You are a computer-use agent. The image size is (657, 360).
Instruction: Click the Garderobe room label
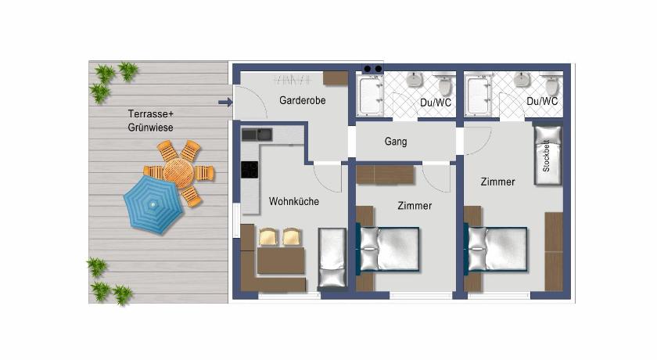coord(302,101)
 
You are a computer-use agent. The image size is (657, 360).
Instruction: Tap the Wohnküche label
coord(294,202)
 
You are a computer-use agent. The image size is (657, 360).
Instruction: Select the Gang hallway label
coord(396,142)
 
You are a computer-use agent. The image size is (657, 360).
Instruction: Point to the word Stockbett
coord(546,156)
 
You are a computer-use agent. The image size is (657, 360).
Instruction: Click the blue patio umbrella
coord(153,204)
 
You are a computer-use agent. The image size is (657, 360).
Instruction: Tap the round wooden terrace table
coord(178,173)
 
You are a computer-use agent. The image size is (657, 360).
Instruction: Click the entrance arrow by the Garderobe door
coord(225,102)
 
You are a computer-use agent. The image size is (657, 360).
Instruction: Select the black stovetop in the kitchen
coord(250,170)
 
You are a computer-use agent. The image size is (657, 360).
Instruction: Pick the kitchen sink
coord(257,135)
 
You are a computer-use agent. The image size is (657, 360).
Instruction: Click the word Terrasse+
coord(150,113)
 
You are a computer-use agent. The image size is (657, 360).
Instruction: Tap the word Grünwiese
coord(150,128)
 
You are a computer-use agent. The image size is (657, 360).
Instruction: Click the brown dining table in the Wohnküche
coord(281,261)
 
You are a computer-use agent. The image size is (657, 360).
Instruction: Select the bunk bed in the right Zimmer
coord(548,155)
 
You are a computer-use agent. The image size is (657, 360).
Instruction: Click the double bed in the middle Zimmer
coord(388,249)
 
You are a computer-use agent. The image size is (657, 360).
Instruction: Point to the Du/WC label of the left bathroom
coord(436,103)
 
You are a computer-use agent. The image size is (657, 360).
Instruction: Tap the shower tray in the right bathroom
coord(478,95)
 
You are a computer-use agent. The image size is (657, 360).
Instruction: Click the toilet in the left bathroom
coord(445,85)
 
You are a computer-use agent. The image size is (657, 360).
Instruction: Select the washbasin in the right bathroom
coord(522,79)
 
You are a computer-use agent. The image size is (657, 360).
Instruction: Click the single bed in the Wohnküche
coord(332,257)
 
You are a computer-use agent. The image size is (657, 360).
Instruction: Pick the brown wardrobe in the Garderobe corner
coord(336,78)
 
